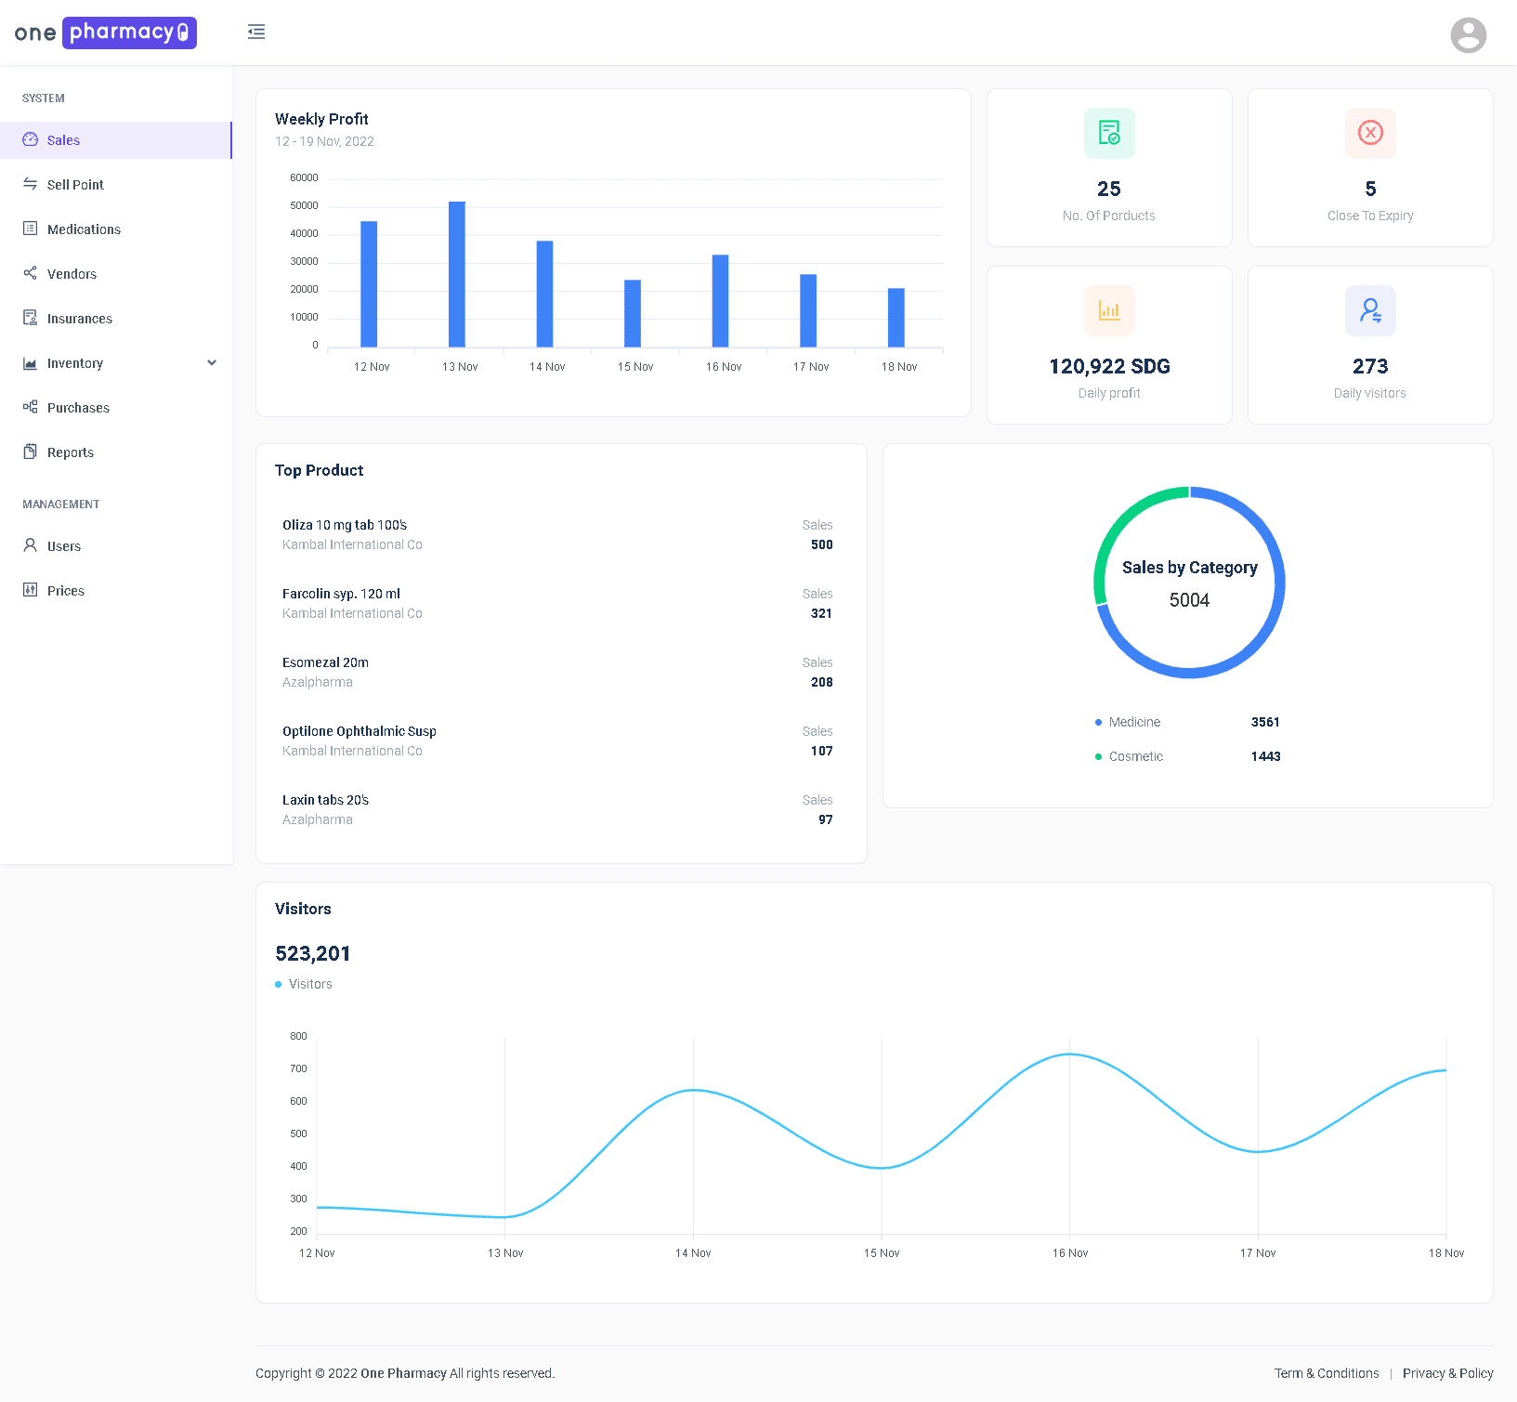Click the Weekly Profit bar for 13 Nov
pos(456,274)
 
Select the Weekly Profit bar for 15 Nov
pos(632,313)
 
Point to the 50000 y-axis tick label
pos(304,205)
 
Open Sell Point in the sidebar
pos(75,185)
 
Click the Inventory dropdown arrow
pos(212,363)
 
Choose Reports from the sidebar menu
pos(71,452)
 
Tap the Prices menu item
pos(65,591)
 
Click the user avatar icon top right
pos(1468,35)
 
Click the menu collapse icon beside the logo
pos(256,33)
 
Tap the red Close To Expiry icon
pos(1369,133)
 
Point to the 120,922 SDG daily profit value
pos(1109,366)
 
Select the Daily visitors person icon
pos(1369,310)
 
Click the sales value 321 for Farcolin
pos(821,613)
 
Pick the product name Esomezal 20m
pos(325,662)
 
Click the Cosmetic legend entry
pos(1135,756)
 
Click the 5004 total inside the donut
pos(1189,600)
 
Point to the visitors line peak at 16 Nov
pos(1070,1055)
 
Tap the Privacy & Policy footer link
pos(1447,1373)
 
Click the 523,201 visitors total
pos(313,953)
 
